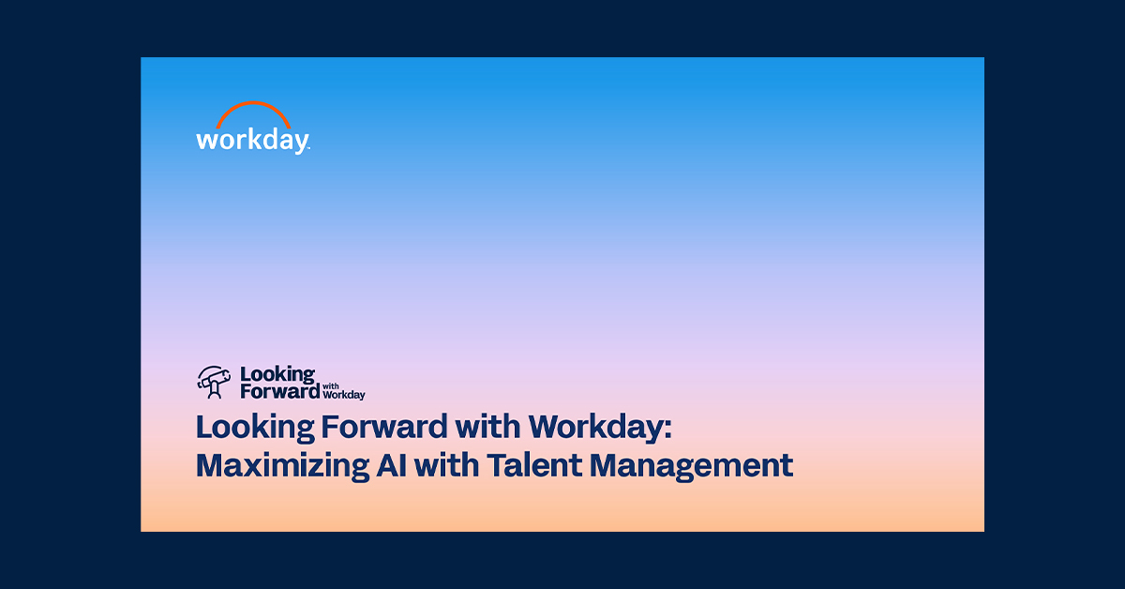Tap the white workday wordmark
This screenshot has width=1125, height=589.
coord(251,141)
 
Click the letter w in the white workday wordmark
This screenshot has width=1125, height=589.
coord(207,141)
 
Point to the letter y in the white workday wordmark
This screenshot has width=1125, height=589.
coord(299,143)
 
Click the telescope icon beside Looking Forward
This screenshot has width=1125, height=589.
coord(214,381)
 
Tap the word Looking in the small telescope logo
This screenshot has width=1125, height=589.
coord(277,375)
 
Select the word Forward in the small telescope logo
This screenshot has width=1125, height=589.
coord(280,392)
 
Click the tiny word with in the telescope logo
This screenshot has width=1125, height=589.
coord(329,385)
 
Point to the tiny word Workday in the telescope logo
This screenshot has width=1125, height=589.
coord(343,395)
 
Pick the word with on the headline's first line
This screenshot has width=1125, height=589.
coord(487,427)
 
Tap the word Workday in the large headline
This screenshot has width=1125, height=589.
coord(595,428)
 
